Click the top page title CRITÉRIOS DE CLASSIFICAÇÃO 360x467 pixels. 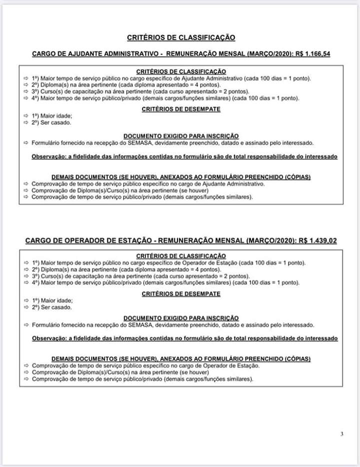tap(180, 37)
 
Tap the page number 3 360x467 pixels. tap(342, 434)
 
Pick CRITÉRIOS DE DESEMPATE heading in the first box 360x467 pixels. tap(180, 109)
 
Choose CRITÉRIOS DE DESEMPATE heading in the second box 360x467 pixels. tap(180, 294)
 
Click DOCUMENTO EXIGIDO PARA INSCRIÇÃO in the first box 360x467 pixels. tap(180, 136)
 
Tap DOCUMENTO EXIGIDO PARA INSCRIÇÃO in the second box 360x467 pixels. tap(180, 318)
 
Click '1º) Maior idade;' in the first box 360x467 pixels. tap(52, 115)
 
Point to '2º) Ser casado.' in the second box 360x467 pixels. tap(51, 307)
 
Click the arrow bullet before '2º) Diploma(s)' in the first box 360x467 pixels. tap(26, 85)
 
